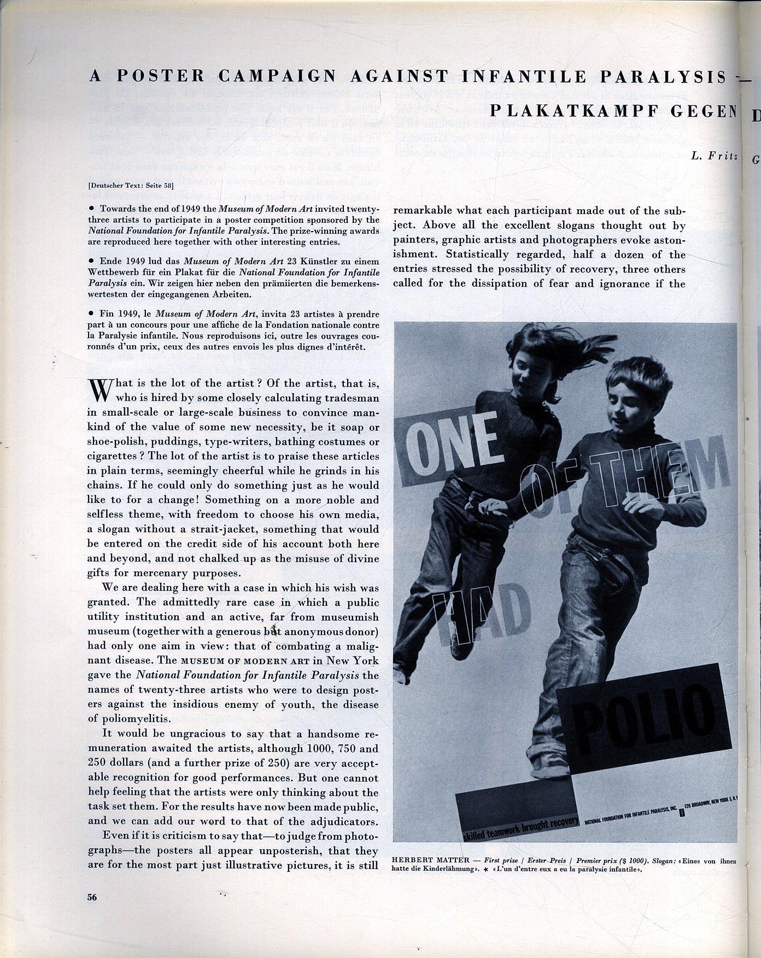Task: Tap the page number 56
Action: pyautogui.click(x=92, y=897)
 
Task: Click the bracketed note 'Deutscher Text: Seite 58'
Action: pyautogui.click(x=131, y=185)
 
